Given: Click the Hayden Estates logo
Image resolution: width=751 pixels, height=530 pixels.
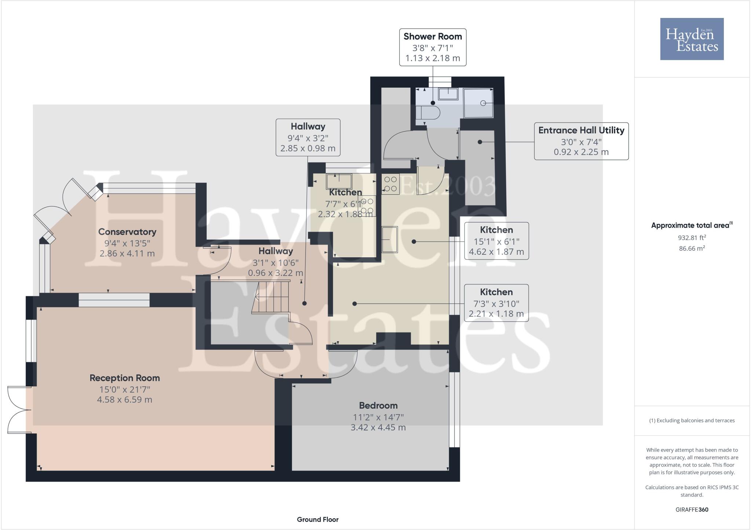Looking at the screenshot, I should (x=692, y=39).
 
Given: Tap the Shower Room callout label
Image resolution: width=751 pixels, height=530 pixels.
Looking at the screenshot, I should (x=432, y=47).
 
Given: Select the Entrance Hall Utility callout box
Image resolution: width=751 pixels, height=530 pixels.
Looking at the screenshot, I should (x=581, y=141).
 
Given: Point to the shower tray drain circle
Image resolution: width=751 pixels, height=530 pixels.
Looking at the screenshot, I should (x=483, y=103).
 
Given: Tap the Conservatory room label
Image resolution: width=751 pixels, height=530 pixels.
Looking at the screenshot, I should (x=127, y=232).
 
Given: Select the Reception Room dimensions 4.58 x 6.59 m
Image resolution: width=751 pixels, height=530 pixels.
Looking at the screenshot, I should (x=125, y=400).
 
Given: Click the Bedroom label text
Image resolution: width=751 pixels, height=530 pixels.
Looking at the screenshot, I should (x=378, y=405).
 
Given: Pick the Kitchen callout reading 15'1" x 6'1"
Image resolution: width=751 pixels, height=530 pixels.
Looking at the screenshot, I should (x=496, y=241).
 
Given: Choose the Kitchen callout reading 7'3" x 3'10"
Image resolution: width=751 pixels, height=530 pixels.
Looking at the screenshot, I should (x=496, y=303).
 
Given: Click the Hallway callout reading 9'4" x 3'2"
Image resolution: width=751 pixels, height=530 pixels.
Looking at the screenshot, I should (x=308, y=137).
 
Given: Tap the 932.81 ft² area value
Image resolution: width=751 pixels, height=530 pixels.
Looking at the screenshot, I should (x=692, y=238).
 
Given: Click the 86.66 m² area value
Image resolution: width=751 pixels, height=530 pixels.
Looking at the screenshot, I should (x=692, y=248).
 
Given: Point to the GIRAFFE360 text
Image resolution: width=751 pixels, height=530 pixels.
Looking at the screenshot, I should (x=692, y=509).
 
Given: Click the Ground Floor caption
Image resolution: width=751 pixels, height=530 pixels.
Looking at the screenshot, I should (x=318, y=519).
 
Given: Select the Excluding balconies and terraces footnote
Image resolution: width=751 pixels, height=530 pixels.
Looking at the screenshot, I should (x=692, y=420).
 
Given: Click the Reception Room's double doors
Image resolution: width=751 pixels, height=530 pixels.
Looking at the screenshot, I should (x=18, y=410).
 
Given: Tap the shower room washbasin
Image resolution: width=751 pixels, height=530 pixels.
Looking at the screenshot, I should (x=448, y=94).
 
